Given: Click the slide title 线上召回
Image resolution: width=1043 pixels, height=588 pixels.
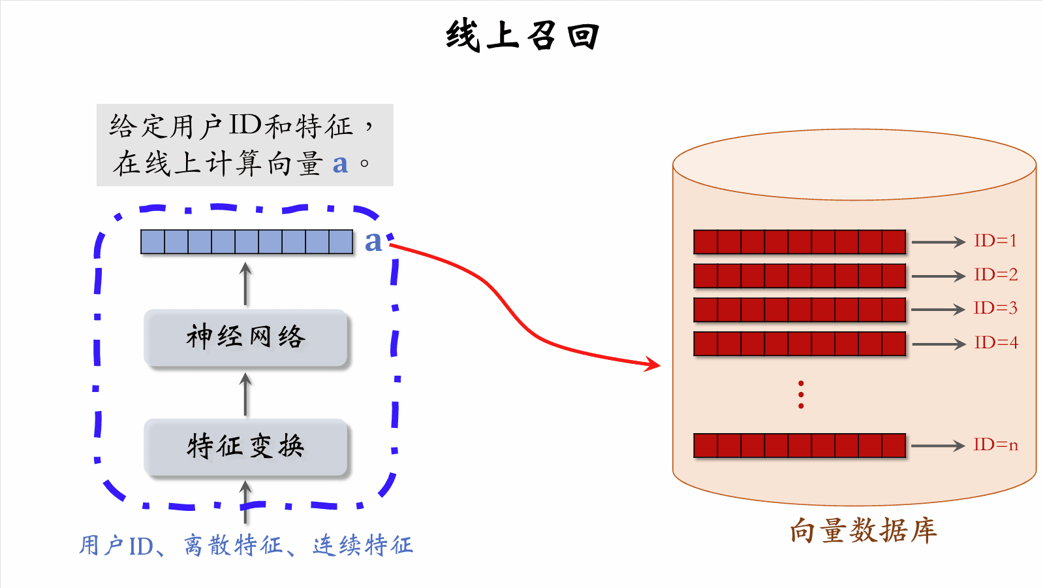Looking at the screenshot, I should [x=522, y=35].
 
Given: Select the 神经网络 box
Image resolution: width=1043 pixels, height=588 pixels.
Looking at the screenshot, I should [x=245, y=337].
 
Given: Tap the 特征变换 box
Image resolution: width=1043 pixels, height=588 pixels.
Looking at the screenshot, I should [x=245, y=447].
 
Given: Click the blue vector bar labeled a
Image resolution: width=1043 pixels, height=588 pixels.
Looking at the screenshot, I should [x=247, y=242].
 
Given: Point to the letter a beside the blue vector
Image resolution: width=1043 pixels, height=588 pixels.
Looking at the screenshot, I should [x=373, y=242].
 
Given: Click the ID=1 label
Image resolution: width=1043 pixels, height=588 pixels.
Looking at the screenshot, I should [x=995, y=241].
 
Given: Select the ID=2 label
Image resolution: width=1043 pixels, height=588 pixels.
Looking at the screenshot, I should [x=995, y=275].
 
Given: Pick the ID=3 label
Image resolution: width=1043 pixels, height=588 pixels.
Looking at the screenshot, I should [x=995, y=308].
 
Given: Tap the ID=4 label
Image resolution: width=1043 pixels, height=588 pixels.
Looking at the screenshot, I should [x=995, y=343].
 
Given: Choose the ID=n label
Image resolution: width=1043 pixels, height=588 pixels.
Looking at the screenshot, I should [x=995, y=445].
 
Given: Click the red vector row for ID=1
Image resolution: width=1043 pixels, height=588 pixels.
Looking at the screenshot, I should [x=800, y=242].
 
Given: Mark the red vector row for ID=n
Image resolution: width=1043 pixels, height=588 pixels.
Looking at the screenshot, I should [x=800, y=446].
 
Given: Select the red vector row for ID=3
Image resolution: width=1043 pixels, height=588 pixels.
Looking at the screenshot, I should [x=800, y=310].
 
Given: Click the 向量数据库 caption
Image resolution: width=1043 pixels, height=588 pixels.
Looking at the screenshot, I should [x=863, y=531].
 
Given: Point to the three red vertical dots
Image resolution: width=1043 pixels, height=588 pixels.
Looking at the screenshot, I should [x=801, y=395].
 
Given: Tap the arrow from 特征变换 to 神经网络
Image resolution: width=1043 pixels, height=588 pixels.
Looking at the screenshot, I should [x=245, y=394].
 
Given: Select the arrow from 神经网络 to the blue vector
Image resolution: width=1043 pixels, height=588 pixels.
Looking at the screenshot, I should [x=245, y=284].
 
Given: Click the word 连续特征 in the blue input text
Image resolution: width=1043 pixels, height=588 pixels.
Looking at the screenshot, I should [x=362, y=545].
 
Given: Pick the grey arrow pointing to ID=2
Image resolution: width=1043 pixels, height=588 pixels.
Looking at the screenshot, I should [x=938, y=276].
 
